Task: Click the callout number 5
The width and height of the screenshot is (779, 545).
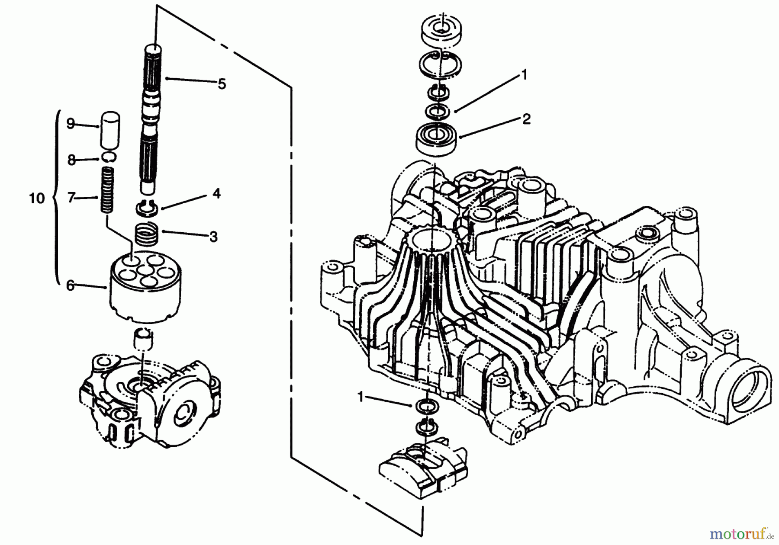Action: point(222,84)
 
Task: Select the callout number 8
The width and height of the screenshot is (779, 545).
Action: point(71,160)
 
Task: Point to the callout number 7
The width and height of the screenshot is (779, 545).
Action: point(71,198)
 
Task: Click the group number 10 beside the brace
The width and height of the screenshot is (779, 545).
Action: point(37,199)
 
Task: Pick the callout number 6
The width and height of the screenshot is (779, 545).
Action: point(70,285)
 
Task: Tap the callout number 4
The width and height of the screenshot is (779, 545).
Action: point(216,194)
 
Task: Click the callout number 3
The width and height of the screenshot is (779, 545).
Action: point(213,237)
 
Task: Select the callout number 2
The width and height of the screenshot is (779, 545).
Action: point(526,119)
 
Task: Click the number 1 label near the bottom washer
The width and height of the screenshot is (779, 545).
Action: point(361,397)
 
